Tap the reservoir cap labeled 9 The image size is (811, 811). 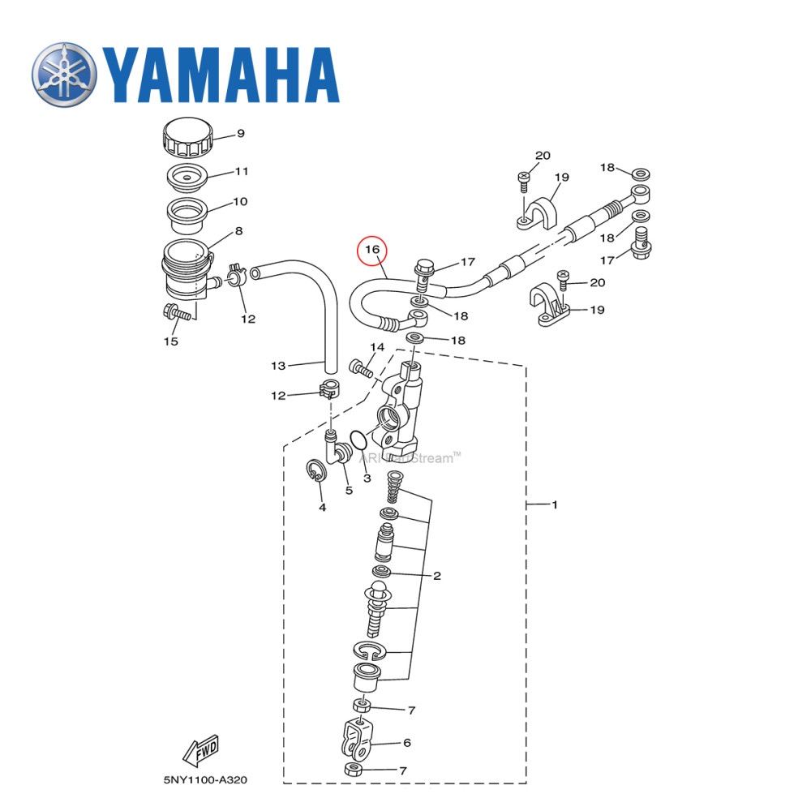[187, 139]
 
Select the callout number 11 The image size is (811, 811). [242, 172]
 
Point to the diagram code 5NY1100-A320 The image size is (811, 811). [205, 780]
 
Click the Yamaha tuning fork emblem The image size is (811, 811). [65, 74]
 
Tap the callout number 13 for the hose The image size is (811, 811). [278, 366]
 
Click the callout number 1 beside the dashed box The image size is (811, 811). [555, 504]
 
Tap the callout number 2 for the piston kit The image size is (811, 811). [436, 577]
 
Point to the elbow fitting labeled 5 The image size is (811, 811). [333, 446]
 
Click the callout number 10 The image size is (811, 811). [240, 201]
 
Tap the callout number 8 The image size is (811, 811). [238, 231]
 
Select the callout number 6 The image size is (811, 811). [407, 743]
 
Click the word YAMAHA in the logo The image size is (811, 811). [220, 75]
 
